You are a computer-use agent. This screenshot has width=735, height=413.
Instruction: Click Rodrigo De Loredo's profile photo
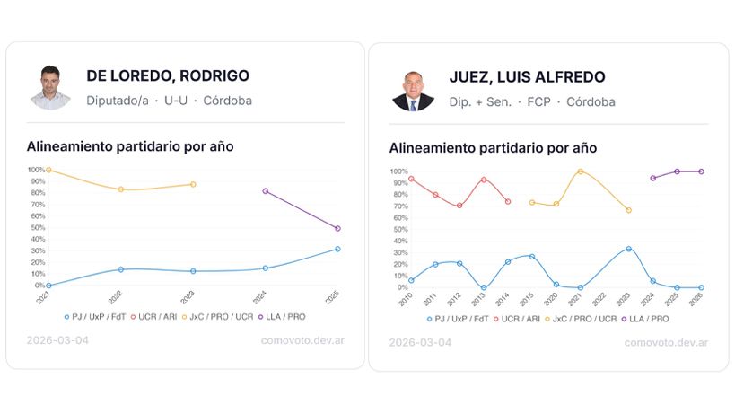point(50,87)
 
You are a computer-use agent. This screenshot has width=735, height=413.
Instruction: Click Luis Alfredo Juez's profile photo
point(413,89)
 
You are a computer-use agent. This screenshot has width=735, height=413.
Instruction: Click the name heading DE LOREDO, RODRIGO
point(168,76)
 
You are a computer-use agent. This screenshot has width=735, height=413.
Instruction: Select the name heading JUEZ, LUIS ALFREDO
point(527,77)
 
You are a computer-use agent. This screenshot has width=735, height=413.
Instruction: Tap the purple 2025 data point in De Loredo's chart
point(337,228)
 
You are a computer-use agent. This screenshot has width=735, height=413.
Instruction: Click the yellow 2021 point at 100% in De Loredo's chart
point(48,170)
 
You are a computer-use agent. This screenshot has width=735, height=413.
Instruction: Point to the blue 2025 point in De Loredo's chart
point(337,249)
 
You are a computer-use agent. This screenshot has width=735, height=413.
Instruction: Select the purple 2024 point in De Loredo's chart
point(265,191)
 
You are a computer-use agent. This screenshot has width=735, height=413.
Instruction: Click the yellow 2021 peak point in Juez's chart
point(581,171)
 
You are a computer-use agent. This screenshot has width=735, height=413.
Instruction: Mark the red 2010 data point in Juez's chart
point(411,179)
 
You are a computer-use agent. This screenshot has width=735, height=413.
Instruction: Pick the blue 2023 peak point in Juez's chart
point(629,249)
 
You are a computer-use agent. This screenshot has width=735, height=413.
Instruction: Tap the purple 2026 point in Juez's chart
point(701,171)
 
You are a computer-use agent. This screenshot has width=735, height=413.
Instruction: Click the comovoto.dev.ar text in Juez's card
point(666,342)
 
